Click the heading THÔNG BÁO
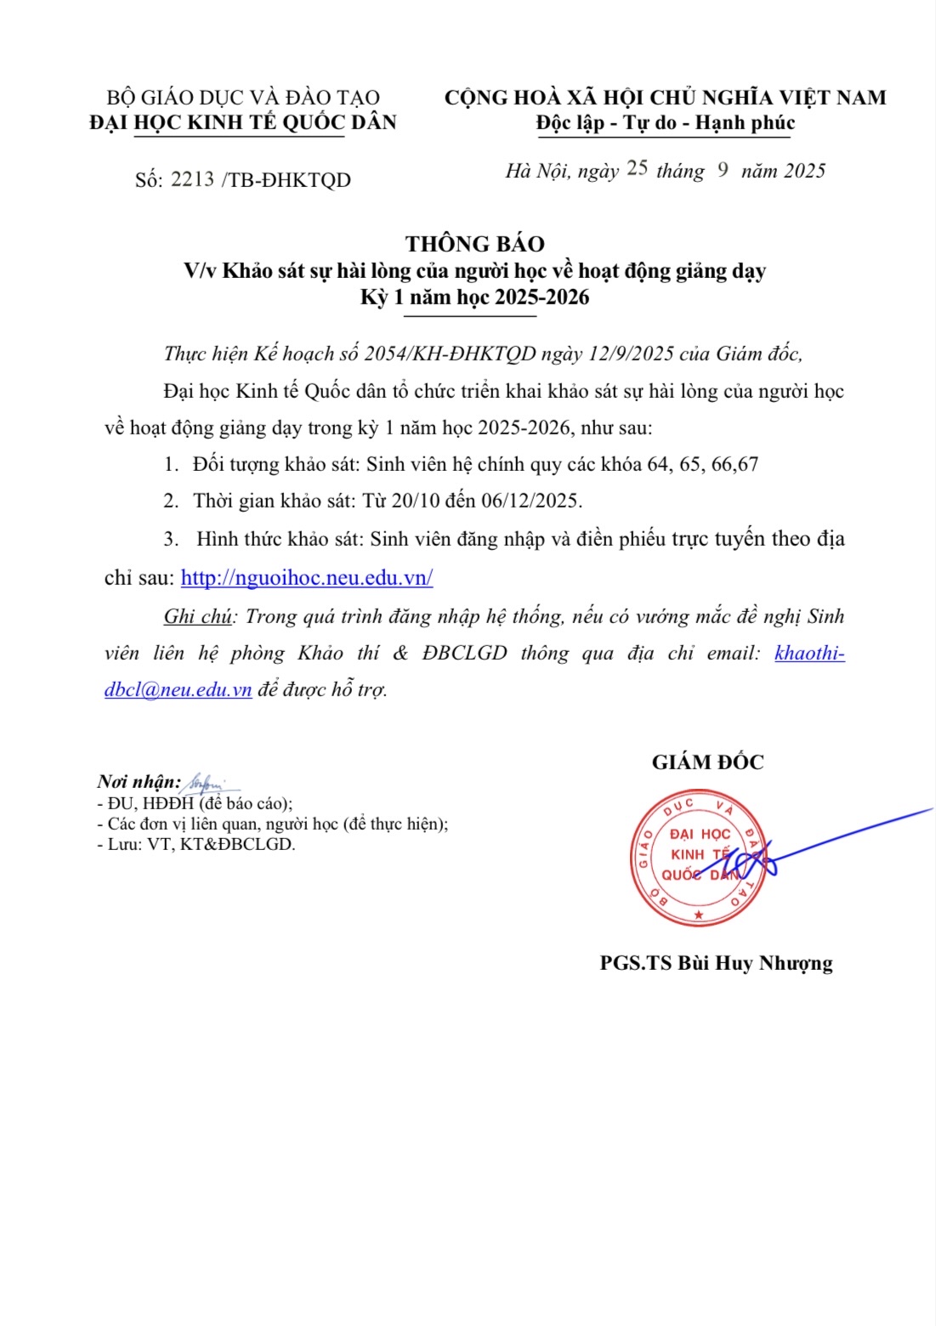[x=474, y=244]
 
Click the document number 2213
[x=192, y=178]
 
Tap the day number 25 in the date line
[x=637, y=168]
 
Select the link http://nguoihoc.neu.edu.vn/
[x=307, y=578]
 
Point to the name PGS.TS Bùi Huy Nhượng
[x=716, y=963]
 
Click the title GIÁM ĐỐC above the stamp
[x=707, y=762]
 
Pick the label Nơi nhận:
[x=139, y=781]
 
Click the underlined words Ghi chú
[x=197, y=616]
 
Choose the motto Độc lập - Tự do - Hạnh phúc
[x=665, y=123]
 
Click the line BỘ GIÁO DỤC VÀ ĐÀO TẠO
[x=243, y=98]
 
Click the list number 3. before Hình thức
[x=171, y=539]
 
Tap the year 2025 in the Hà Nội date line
[x=804, y=171]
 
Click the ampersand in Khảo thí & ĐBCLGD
[x=400, y=653]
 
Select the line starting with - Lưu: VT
[x=196, y=844]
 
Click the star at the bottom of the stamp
[x=699, y=915]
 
